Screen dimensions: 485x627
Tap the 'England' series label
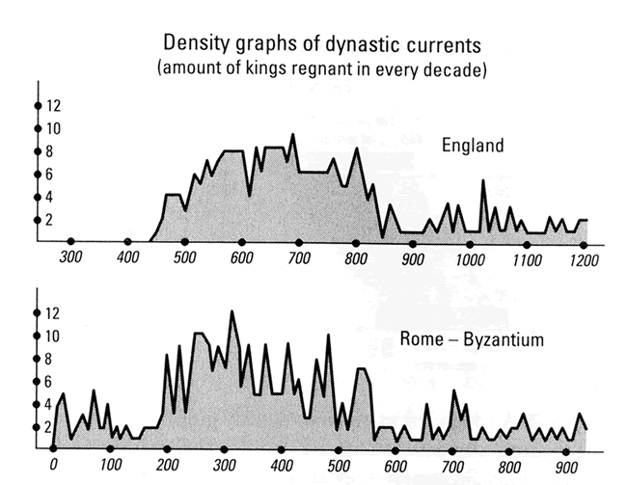[x=473, y=147]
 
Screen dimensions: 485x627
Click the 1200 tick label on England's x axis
[x=583, y=260]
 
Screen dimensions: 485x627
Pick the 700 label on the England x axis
[x=298, y=258]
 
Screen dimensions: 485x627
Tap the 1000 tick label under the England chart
[x=470, y=259]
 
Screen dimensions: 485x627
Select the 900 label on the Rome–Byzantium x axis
[x=564, y=467]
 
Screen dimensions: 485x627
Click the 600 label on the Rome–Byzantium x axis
[x=395, y=466]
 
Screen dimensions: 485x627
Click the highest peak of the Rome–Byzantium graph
[x=232, y=311]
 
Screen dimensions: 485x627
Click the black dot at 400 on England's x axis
[x=127, y=242]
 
